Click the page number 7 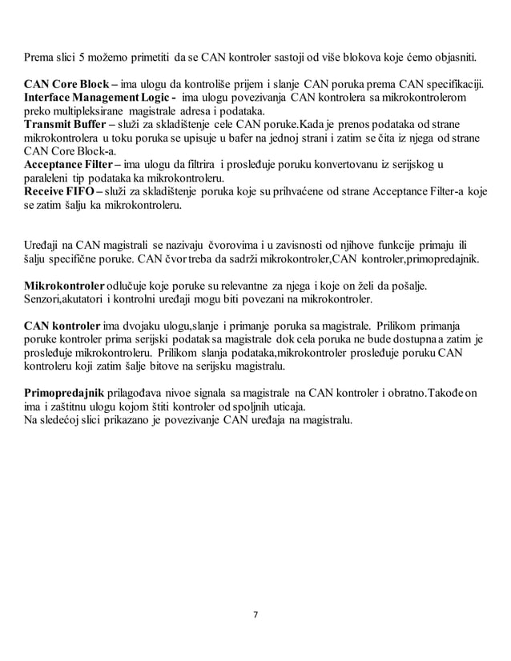[255, 615]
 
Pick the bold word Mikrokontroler [64, 285]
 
